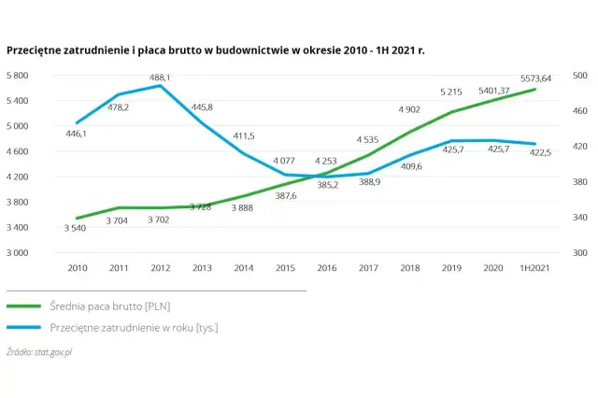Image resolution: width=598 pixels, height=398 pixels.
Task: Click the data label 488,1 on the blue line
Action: tap(161, 77)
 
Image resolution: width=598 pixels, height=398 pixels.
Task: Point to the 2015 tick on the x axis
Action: tap(285, 267)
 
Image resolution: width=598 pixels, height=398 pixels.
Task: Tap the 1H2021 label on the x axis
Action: tap(534, 267)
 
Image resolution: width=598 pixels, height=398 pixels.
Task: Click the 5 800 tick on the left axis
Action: tap(20, 75)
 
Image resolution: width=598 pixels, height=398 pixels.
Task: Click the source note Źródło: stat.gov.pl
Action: tap(39, 352)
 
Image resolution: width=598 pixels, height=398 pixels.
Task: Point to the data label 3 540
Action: tap(77, 228)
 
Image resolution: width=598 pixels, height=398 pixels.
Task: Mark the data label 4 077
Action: tap(285, 162)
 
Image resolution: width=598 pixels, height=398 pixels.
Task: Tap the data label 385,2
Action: tap(327, 185)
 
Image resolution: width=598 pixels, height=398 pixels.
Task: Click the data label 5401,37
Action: tap(493, 90)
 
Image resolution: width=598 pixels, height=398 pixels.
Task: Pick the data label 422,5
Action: tap(540, 152)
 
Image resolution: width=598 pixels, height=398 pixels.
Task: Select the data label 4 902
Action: tap(410, 109)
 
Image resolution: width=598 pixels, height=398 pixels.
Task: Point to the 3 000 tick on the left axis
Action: tap(20, 253)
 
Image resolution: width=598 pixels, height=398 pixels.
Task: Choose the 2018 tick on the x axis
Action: tap(410, 267)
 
